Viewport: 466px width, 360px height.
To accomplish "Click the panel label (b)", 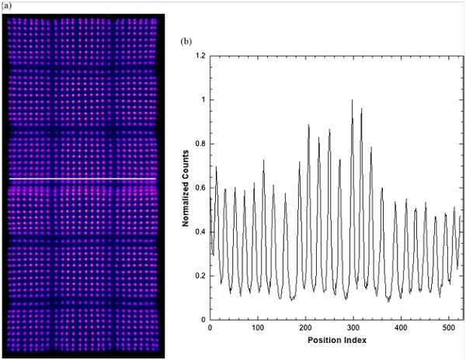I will [186, 39].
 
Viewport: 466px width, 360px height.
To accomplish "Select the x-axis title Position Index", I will [336, 340].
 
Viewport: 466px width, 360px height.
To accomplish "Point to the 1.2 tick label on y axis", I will [200, 56].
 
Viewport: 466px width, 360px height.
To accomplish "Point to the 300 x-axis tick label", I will [353, 328].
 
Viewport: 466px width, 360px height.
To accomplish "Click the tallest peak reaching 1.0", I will [352, 101].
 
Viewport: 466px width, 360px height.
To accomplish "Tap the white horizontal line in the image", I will [82, 179].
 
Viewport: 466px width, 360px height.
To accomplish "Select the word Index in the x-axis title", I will [354, 340].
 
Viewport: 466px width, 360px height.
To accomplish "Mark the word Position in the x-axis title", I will [325, 340].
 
